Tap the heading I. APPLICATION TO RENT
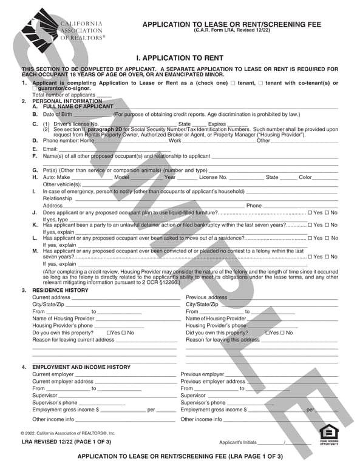(180, 58)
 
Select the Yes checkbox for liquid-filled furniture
(311, 213)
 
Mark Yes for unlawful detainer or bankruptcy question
(311, 225)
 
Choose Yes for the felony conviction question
(311, 257)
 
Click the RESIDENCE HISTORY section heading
(60, 291)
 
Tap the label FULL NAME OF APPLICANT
(78, 106)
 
